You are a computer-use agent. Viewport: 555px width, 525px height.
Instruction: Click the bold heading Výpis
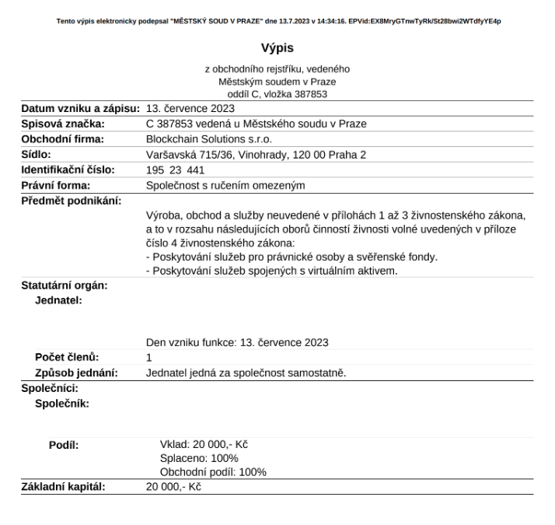277,47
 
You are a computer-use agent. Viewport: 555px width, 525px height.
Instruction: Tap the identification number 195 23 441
175,170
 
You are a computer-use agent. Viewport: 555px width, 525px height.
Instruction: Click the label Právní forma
56,185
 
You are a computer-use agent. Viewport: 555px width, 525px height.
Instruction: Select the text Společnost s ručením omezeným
225,185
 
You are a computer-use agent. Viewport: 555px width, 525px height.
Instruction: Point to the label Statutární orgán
64,285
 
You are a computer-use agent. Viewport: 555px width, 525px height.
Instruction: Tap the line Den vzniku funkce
237,342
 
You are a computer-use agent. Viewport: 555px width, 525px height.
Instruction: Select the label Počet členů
68,357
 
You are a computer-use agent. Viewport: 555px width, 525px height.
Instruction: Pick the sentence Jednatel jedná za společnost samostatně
246,373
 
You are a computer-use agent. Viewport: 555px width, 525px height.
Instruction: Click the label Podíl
64,446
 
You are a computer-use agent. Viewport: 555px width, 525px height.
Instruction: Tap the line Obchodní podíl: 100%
213,472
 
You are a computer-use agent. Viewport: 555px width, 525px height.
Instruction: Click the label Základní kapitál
64,488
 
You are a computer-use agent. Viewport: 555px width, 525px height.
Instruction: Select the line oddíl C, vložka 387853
277,94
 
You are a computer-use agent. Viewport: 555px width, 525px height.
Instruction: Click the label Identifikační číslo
68,170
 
